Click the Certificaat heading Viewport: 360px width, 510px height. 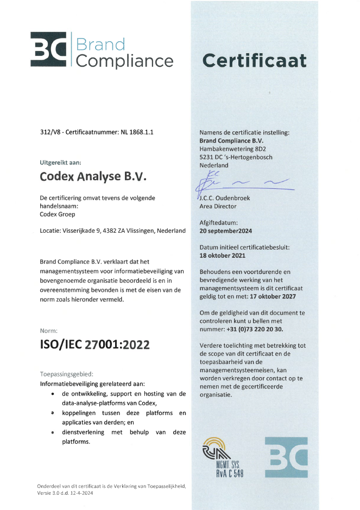[254, 61]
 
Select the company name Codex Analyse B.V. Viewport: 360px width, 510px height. [93, 176]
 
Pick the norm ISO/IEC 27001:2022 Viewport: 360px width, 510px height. [95, 345]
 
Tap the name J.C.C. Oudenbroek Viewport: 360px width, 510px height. [225, 198]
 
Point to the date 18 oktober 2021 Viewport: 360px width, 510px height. [223, 255]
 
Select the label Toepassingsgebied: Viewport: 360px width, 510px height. [66, 374]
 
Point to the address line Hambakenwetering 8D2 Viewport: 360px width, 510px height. [233, 149]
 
